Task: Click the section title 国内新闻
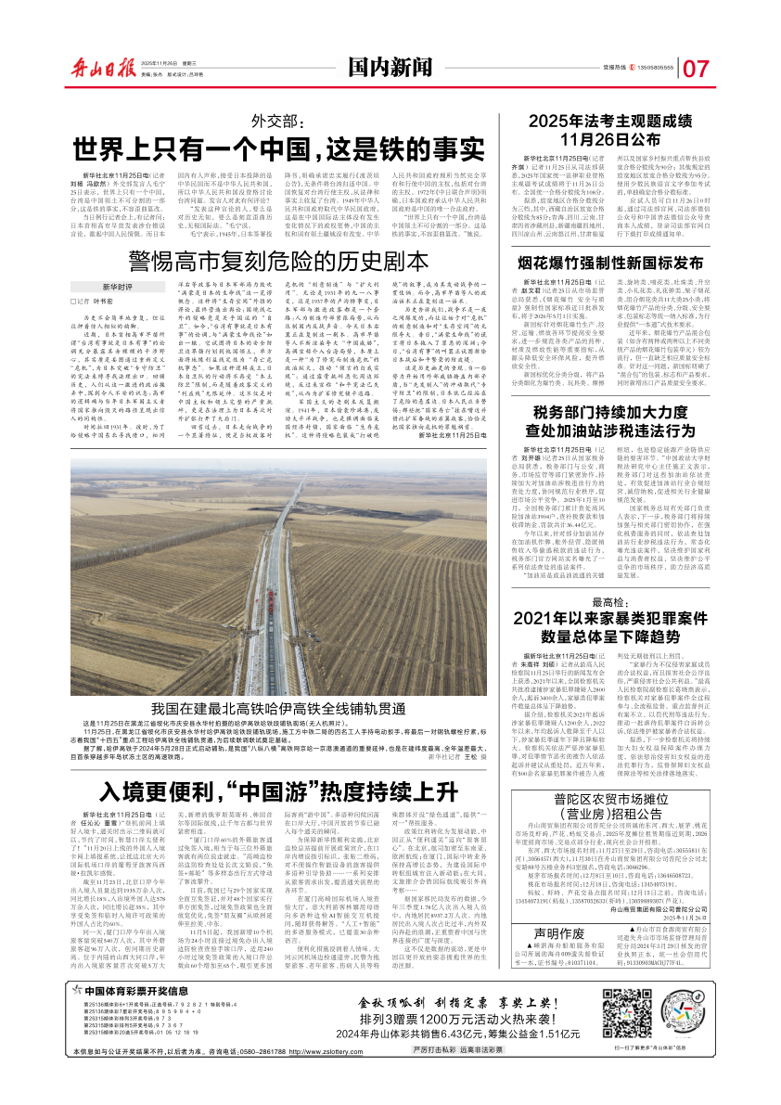390,65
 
